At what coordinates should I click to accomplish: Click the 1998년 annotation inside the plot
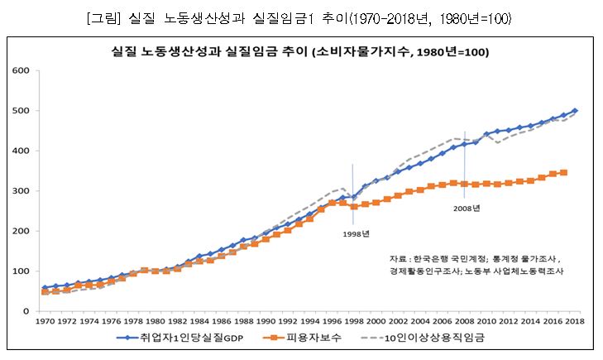(356, 233)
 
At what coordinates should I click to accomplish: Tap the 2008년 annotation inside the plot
(466, 209)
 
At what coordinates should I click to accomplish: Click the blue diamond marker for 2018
(575, 111)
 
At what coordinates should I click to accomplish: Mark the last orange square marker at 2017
(563, 172)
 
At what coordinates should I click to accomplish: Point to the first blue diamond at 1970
(45, 288)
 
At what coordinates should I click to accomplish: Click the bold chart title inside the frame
(301, 51)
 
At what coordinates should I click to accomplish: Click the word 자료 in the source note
(397, 258)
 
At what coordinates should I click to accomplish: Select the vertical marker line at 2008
(465, 157)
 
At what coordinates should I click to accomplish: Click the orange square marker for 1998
(354, 206)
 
